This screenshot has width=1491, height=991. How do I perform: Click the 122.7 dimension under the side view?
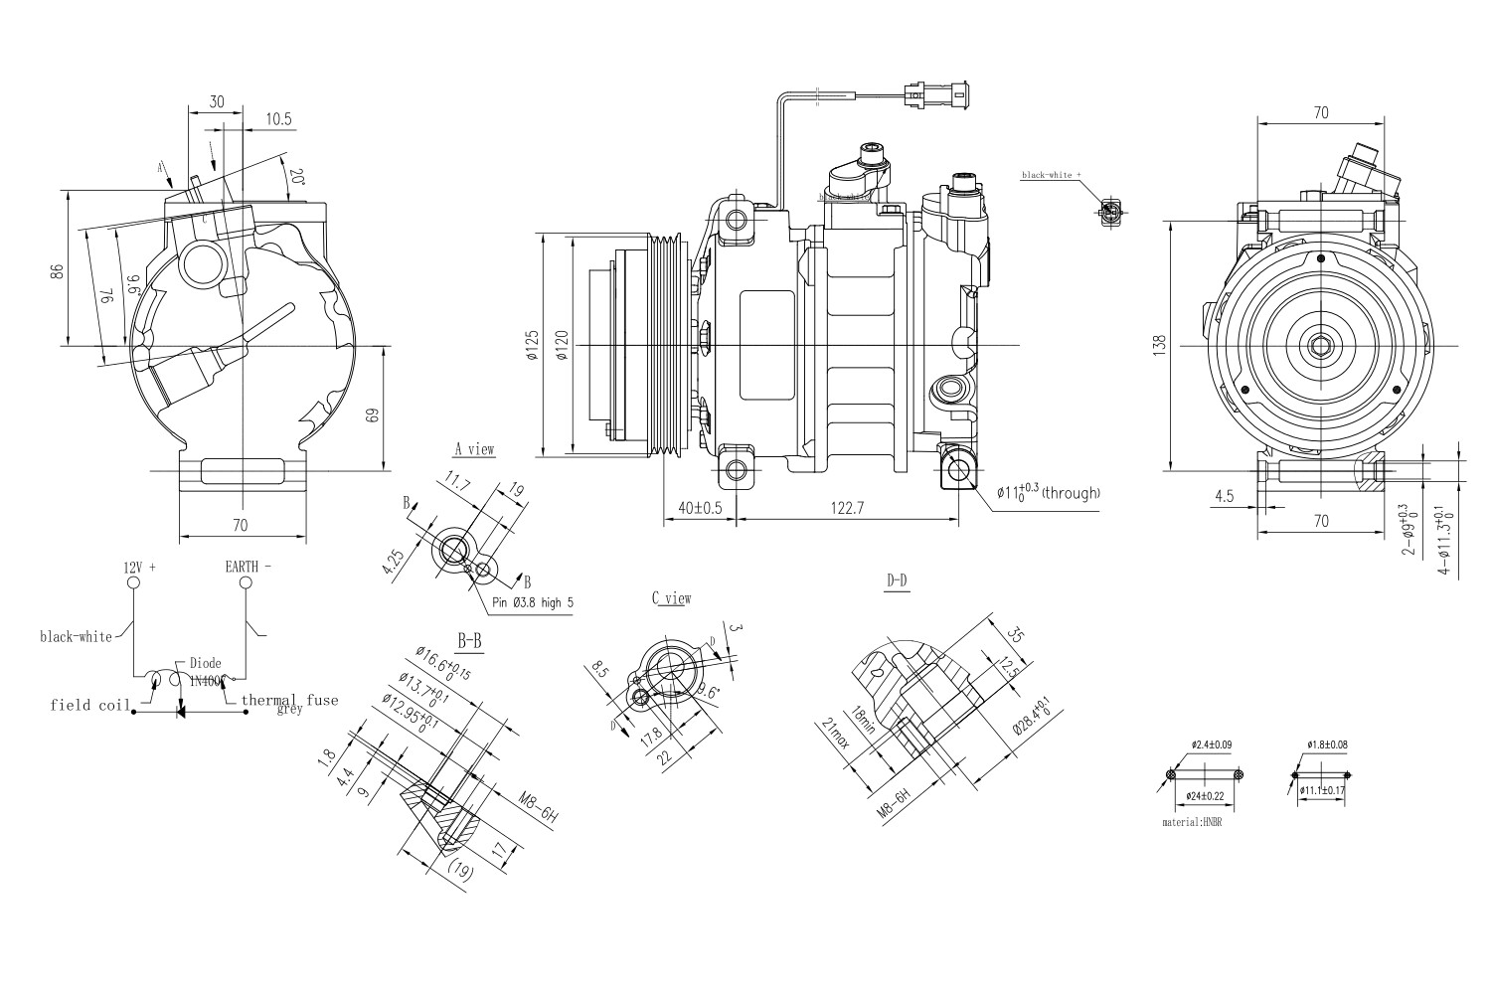(847, 508)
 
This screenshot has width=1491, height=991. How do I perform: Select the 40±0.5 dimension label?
(699, 508)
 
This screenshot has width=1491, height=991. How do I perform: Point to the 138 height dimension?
(1159, 345)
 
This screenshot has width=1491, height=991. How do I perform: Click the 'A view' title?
(474, 449)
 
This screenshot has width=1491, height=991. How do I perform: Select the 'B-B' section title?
(470, 641)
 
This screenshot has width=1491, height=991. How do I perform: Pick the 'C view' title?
(671, 598)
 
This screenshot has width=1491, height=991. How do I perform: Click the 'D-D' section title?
(897, 579)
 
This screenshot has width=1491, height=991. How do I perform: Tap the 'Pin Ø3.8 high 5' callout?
(532, 602)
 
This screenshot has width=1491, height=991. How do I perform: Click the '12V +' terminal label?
(140, 567)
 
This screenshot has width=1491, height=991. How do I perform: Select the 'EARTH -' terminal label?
(248, 567)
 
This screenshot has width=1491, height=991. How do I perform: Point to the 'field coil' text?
(90, 705)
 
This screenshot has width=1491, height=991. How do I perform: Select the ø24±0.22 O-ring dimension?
(1205, 796)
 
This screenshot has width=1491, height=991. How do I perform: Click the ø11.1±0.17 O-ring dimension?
(1322, 790)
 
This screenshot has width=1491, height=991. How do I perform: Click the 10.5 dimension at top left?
(278, 118)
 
